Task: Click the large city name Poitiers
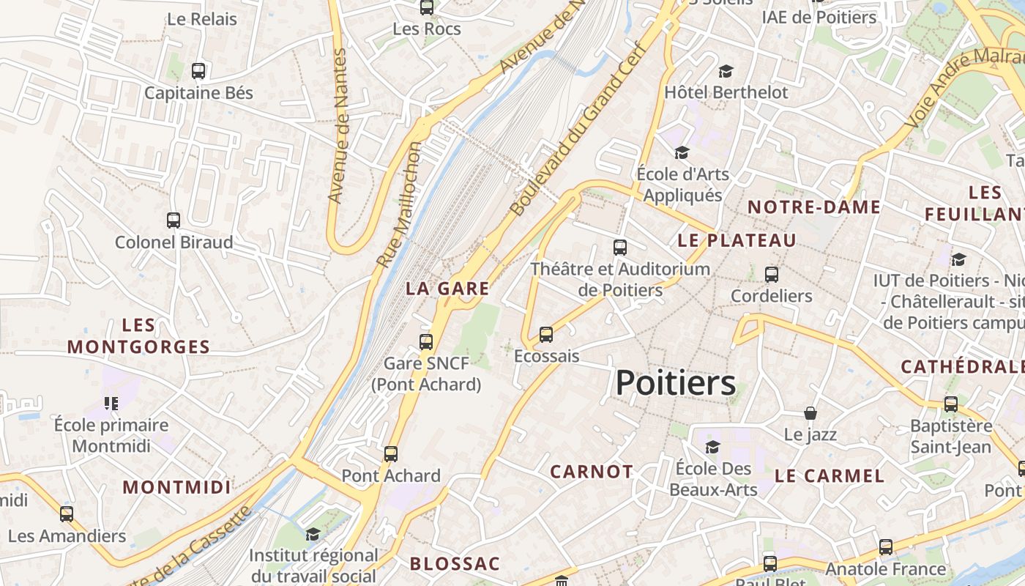[675, 383]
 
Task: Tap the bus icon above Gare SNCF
[426, 341]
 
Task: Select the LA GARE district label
[447, 289]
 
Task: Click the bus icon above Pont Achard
[391, 453]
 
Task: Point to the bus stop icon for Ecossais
[546, 335]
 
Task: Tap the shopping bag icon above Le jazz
[810, 413]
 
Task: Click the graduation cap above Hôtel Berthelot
[726, 71]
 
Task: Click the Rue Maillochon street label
[399, 204]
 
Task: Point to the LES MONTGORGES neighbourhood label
[138, 336]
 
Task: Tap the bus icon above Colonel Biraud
[174, 220]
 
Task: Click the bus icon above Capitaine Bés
[198, 71]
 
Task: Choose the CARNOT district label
[592, 472]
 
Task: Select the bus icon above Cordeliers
[772, 275]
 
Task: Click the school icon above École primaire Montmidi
[111, 403]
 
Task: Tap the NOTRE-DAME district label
[813, 207]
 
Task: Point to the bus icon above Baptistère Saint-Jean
[951, 404]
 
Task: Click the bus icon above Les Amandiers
[67, 514]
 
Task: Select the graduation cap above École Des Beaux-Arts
[712, 447]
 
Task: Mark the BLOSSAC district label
[455, 564]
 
